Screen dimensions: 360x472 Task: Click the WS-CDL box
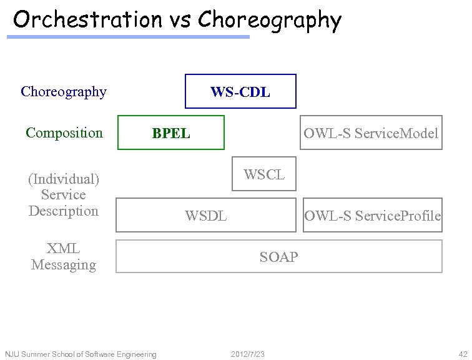[x=240, y=92]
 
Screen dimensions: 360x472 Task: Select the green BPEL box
[x=171, y=133]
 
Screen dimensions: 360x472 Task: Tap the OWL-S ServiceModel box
[x=371, y=133]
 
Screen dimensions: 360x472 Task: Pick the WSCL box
[x=264, y=174]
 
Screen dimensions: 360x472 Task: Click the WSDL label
[x=205, y=216]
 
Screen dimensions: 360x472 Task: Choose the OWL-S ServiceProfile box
[x=372, y=216]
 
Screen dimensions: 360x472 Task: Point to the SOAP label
[x=278, y=257]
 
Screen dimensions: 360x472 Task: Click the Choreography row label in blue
[x=64, y=92]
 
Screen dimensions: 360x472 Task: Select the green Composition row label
[x=64, y=132]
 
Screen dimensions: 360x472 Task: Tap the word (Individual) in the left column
[x=64, y=179]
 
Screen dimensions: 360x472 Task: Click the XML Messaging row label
[x=64, y=256]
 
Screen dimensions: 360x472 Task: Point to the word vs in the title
[x=180, y=20]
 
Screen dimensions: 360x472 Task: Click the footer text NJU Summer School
[x=81, y=354]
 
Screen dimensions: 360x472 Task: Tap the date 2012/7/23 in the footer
[x=248, y=354]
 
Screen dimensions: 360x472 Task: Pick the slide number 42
[x=463, y=354]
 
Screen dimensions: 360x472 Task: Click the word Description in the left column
[x=64, y=211]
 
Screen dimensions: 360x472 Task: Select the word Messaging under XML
[x=64, y=264]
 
